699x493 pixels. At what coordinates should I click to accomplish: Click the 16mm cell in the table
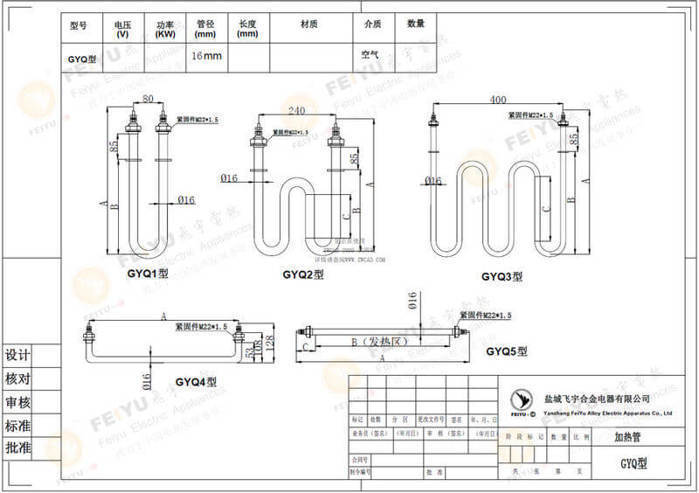(x=206, y=56)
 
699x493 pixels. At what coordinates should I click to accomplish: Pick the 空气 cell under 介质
(x=371, y=56)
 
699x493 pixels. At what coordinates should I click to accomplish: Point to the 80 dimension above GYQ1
(x=149, y=98)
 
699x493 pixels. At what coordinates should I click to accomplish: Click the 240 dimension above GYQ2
(x=297, y=110)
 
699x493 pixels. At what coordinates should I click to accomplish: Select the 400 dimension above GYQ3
(x=498, y=101)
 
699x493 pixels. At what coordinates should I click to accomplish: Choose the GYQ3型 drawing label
(x=502, y=276)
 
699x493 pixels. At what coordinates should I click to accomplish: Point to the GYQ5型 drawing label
(x=506, y=351)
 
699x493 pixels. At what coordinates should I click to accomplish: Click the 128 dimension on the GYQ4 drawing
(x=268, y=345)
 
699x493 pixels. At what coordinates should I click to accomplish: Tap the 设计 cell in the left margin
(x=18, y=356)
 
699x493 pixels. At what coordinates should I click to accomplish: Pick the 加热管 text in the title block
(x=628, y=437)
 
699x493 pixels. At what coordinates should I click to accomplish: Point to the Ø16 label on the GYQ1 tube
(x=185, y=200)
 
